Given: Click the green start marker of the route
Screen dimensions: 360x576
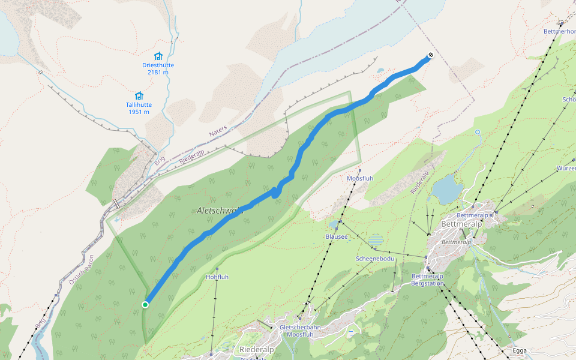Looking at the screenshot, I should click(145, 305).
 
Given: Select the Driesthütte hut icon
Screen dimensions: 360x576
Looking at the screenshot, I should click(158, 55).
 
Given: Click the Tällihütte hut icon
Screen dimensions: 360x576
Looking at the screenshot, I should click(139, 95).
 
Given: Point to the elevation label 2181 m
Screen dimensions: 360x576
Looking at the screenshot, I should click(158, 73).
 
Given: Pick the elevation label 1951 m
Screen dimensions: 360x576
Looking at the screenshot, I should click(139, 112).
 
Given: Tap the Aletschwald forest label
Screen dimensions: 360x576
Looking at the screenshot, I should click(220, 211).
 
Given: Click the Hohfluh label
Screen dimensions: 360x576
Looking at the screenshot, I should click(217, 277).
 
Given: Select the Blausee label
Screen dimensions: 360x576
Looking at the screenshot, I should click(336, 236).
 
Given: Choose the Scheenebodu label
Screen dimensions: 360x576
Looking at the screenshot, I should click(375, 258).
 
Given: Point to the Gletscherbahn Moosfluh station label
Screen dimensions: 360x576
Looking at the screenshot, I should click(299, 331).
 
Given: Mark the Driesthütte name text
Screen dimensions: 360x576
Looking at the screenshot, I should click(158, 65).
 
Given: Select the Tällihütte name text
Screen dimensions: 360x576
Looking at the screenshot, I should click(139, 104).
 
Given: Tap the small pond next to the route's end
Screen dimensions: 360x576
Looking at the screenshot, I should click(380, 70).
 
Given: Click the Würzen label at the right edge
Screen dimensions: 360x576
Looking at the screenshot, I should click(566, 168).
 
